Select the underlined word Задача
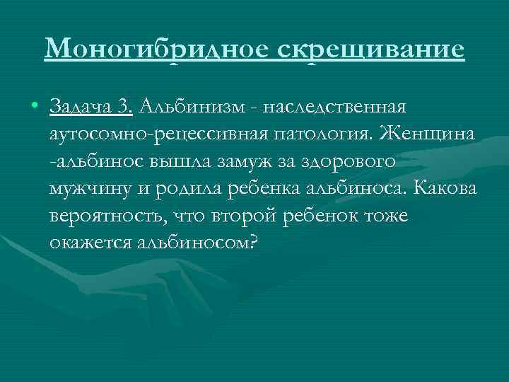pyautogui.click(x=80, y=107)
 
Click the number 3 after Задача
pyautogui.click(x=124, y=107)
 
